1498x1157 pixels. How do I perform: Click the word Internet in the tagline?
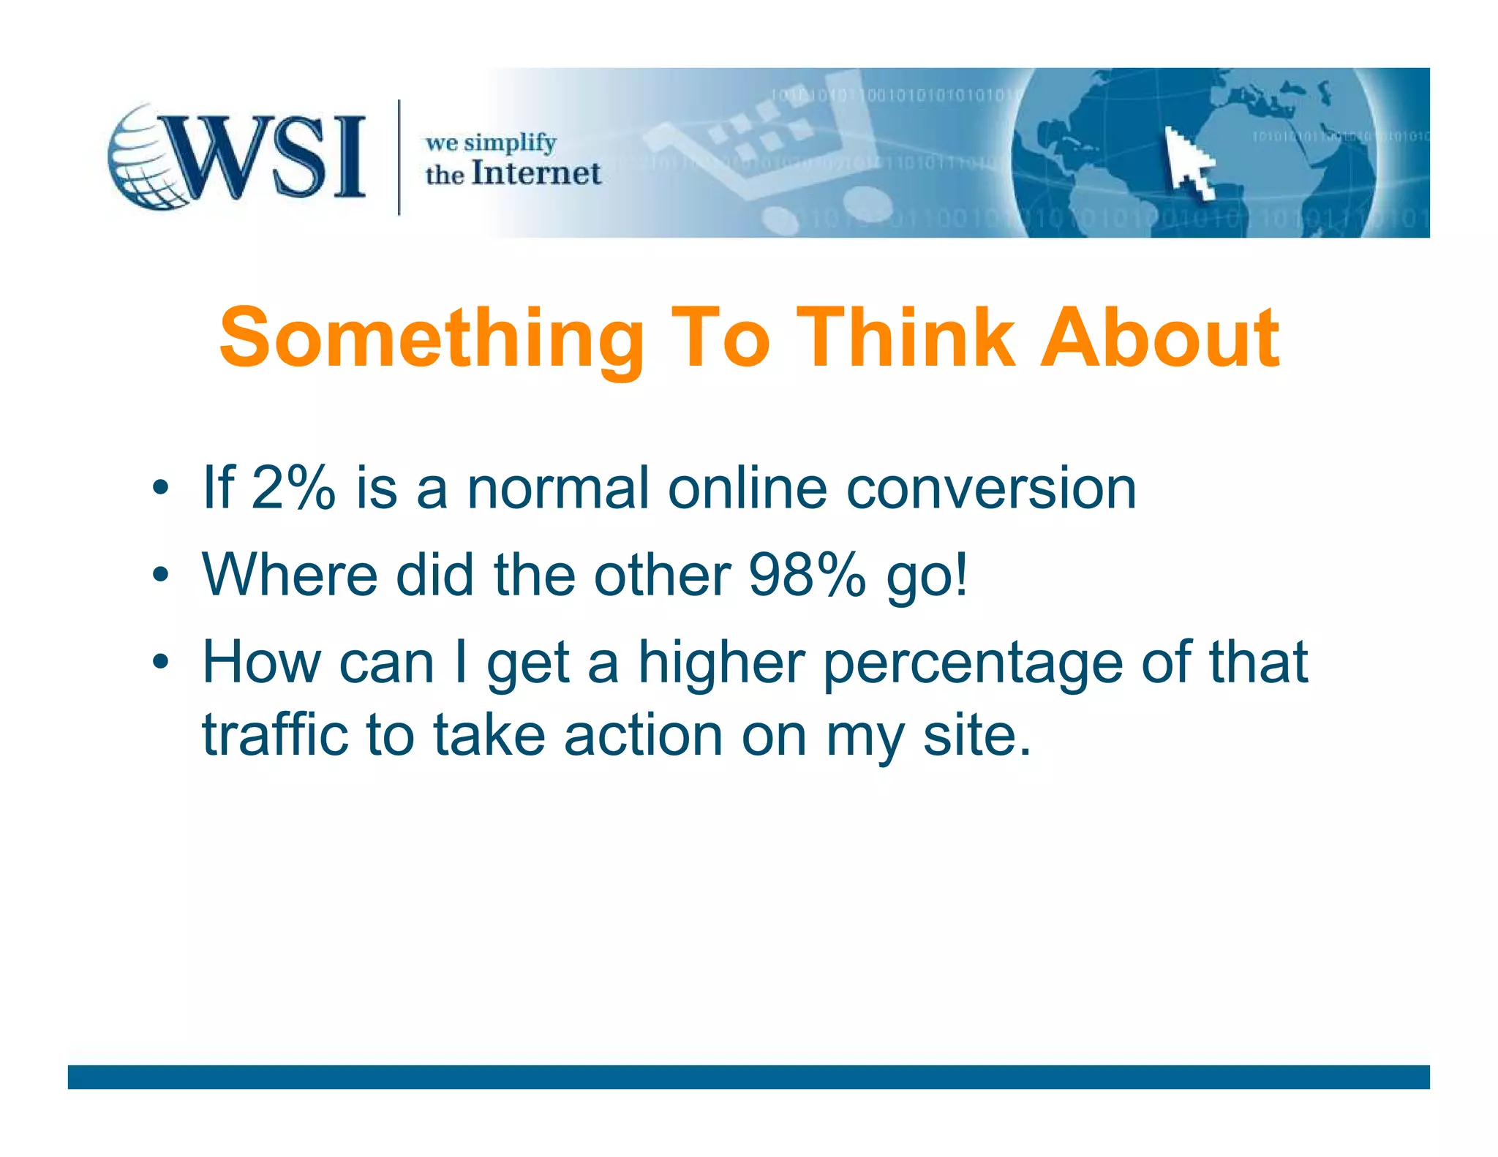tap(536, 174)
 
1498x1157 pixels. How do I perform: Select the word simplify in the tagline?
tap(510, 143)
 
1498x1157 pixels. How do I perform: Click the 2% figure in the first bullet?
tap(293, 488)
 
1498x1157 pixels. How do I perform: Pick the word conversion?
tap(990, 488)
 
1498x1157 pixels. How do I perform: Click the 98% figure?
tap(808, 575)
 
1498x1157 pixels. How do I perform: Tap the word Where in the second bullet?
tap(290, 575)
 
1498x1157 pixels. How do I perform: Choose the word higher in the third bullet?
tap(722, 663)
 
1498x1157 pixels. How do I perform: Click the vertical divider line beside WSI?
tap(399, 157)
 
